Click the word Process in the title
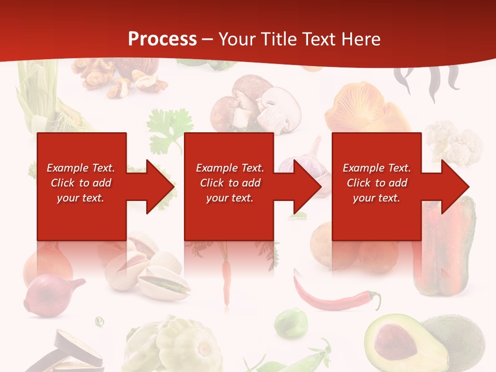(162, 39)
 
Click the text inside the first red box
(81, 183)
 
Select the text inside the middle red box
(229, 183)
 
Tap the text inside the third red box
(377, 183)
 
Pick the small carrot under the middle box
(226, 282)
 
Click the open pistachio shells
(150, 274)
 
